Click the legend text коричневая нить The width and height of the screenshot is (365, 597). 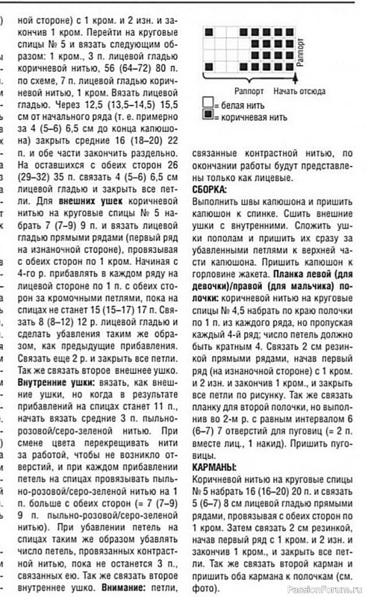[251, 117]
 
